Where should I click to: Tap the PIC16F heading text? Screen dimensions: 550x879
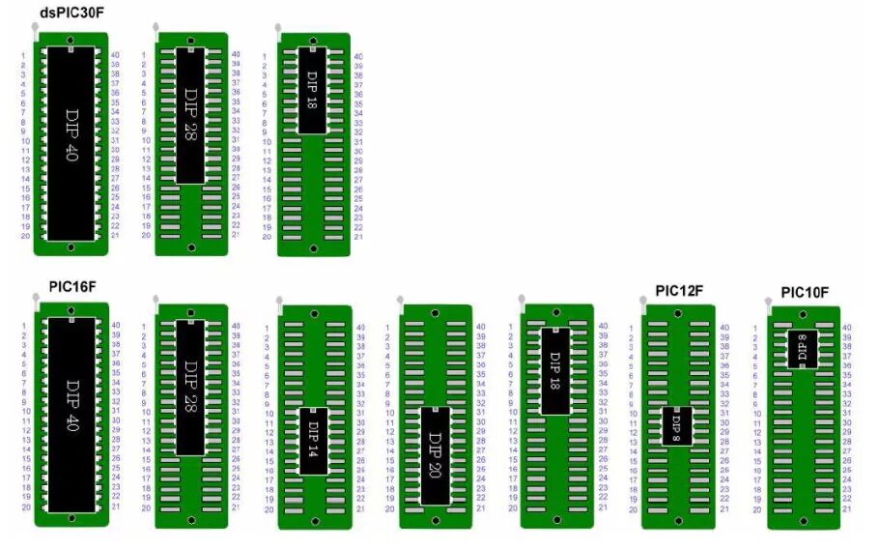point(72,287)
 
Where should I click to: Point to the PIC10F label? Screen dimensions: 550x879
point(805,292)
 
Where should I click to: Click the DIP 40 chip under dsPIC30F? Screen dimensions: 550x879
point(71,141)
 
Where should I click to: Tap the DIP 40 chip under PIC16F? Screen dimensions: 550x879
point(71,416)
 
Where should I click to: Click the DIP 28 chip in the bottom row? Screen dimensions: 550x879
point(190,387)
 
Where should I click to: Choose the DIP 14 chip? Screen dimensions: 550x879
point(313,441)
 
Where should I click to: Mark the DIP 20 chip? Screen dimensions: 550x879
point(435,454)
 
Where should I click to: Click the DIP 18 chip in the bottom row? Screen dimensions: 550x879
point(554,371)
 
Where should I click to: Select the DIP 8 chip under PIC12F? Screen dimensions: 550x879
point(677,424)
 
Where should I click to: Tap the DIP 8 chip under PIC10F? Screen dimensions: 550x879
point(803,348)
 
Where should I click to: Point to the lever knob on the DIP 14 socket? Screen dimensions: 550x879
point(278,300)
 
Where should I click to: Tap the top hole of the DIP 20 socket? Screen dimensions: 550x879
point(436,314)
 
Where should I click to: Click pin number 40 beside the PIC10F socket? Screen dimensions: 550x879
point(846,328)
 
